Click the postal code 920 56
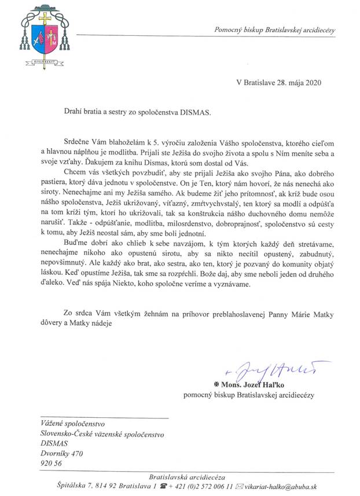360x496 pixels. [50, 464]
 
